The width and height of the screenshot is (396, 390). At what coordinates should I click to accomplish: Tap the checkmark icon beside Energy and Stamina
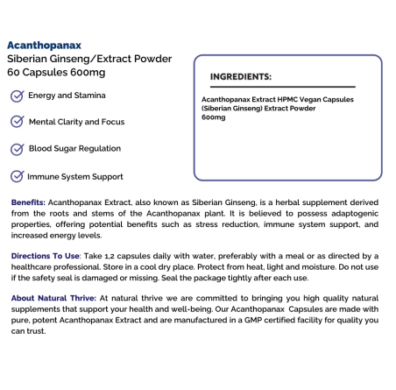point(17,96)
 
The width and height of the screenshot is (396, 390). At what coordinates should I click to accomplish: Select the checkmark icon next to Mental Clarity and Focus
point(17,122)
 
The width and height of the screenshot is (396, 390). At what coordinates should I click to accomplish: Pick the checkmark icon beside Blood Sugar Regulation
point(17,149)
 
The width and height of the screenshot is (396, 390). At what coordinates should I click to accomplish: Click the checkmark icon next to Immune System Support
point(17,176)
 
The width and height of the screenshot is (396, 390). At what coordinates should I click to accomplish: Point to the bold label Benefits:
point(29,202)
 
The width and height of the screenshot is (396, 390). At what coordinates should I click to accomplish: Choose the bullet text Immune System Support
point(75,176)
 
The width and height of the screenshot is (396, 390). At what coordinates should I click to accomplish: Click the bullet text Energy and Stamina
point(67,96)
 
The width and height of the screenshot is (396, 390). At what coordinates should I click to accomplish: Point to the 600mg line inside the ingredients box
point(214,117)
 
